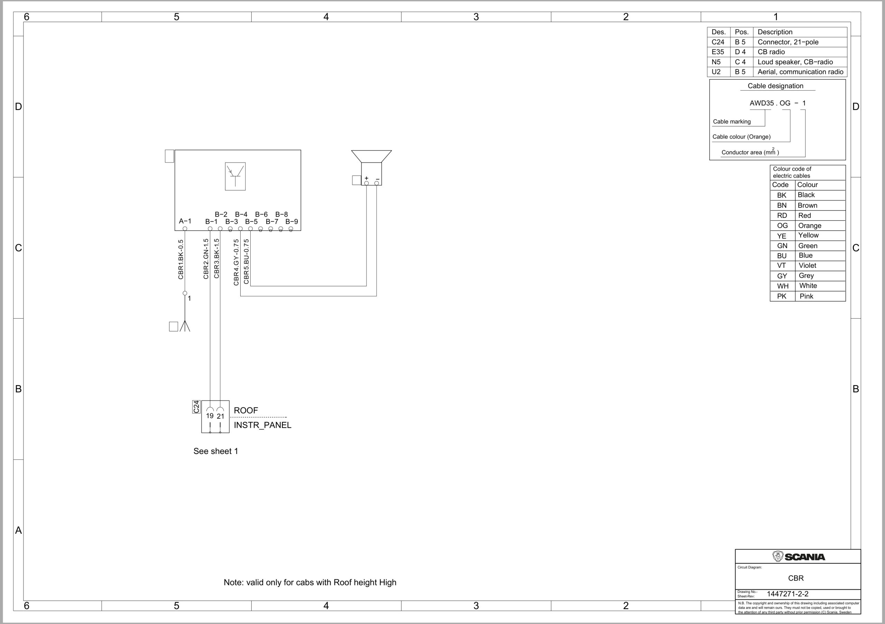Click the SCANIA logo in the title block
point(798,557)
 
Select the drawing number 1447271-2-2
point(788,594)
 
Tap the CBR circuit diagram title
point(795,578)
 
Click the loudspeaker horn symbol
point(371,157)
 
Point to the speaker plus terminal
point(366,183)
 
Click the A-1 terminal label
point(185,221)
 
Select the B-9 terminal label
point(291,221)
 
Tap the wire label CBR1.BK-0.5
point(181,259)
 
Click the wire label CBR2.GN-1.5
point(206,258)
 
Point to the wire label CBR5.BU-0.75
point(246,262)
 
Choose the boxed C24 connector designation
point(196,407)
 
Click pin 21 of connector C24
point(220,416)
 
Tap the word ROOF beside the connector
point(245,410)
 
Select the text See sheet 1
point(215,451)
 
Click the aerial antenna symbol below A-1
point(185,325)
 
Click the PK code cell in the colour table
point(782,296)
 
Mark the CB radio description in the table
point(771,52)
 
